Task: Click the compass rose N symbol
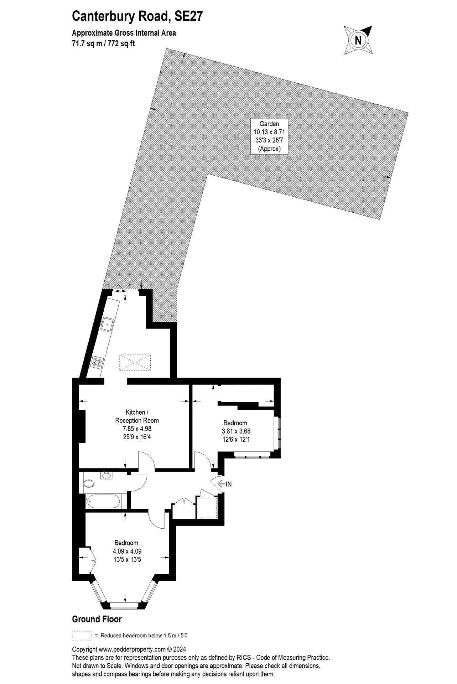pos(358,40)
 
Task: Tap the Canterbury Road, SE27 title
pos(137,16)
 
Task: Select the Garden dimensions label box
pos(269,136)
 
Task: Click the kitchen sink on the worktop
pos(107,324)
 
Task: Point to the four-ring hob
pos(97,362)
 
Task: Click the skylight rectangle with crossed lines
pos(135,362)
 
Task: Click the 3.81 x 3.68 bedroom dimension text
pos(236,431)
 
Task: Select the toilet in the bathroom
pos(89,484)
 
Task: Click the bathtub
pos(103,501)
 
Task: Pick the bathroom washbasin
pos(106,475)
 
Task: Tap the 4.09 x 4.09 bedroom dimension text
pos(127,551)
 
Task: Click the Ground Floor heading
pos(97,619)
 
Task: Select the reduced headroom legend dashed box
pos(82,636)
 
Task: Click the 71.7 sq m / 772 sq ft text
pos(103,43)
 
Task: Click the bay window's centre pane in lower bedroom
pos(124,604)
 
